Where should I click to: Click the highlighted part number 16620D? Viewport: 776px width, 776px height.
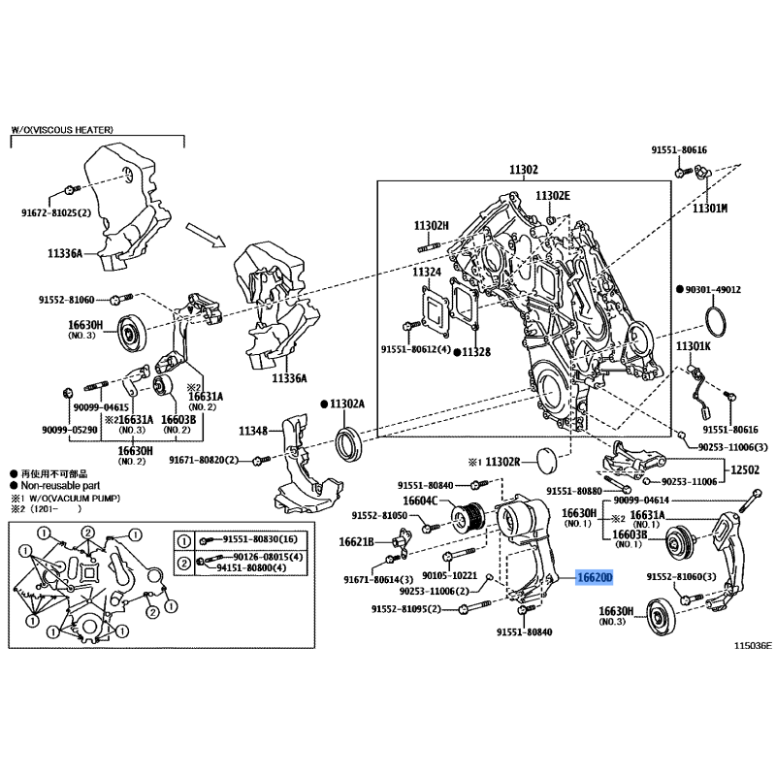pyautogui.click(x=594, y=577)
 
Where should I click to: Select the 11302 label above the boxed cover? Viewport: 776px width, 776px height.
pyautogui.click(x=524, y=170)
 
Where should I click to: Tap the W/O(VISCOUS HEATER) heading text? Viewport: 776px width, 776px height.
pyautogui.click(x=62, y=130)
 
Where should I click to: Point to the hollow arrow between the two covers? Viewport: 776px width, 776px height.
pyautogui.click(x=206, y=235)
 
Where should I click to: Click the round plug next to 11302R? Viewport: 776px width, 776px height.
pyautogui.click(x=547, y=461)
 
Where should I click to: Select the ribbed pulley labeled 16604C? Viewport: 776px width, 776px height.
pyautogui.click(x=468, y=518)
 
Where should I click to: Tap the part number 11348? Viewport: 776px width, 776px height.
pyautogui.click(x=253, y=431)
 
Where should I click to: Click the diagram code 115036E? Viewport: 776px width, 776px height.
pyautogui.click(x=753, y=645)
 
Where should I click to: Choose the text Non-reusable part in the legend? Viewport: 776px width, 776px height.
pyautogui.click(x=60, y=486)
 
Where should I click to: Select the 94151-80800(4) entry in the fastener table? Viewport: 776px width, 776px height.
pyautogui.click(x=252, y=567)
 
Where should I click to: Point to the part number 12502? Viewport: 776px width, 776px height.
pyautogui.click(x=745, y=469)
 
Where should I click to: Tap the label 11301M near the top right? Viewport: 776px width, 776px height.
pyautogui.click(x=710, y=209)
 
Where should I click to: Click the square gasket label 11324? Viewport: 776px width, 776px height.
pyautogui.click(x=427, y=272)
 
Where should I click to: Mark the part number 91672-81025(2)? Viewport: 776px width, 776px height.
pyautogui.click(x=56, y=212)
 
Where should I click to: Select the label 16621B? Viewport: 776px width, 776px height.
pyautogui.click(x=356, y=542)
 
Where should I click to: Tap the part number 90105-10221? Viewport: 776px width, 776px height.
pyautogui.click(x=449, y=575)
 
